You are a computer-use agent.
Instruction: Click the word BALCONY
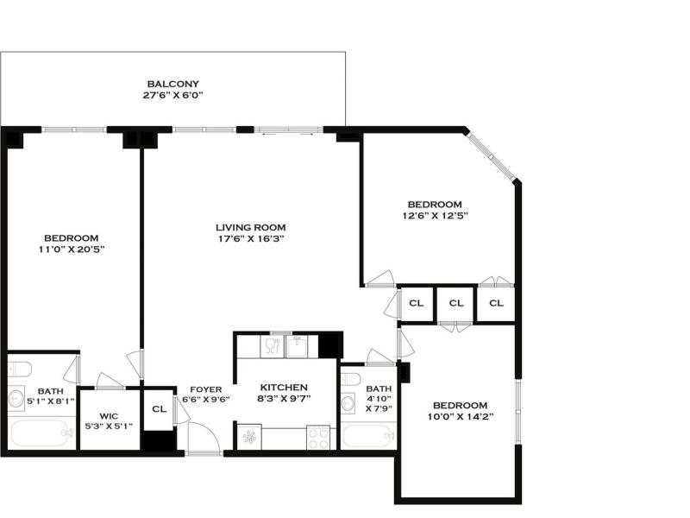click(x=173, y=84)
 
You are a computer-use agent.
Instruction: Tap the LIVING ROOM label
click(x=250, y=227)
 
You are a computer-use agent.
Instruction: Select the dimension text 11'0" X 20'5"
click(x=72, y=250)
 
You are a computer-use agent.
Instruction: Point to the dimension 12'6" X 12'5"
click(x=435, y=216)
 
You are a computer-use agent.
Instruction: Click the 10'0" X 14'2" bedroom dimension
click(x=461, y=416)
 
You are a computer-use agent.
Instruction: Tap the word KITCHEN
click(x=284, y=387)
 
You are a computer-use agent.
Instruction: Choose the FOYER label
click(x=206, y=389)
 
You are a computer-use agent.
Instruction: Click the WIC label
click(x=109, y=416)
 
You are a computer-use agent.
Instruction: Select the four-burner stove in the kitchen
click(x=318, y=437)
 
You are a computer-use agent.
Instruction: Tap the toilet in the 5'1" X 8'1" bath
click(x=19, y=370)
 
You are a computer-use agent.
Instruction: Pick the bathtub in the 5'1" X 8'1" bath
click(x=41, y=433)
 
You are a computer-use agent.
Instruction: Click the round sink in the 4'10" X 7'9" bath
click(x=348, y=403)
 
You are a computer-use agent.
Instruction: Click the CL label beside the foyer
click(x=160, y=408)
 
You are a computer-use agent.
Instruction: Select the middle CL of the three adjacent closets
click(x=456, y=303)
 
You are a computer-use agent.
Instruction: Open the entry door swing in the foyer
click(x=204, y=437)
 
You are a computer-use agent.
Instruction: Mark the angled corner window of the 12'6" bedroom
click(x=491, y=155)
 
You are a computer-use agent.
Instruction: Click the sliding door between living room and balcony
click(x=289, y=129)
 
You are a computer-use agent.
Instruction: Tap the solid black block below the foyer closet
click(x=158, y=441)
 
